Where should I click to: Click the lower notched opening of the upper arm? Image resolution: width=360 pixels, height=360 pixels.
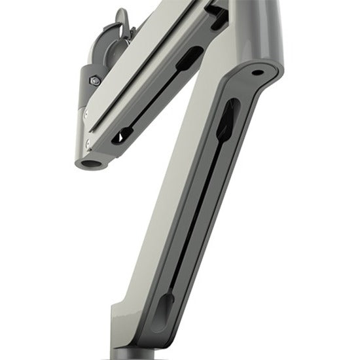point(122,136)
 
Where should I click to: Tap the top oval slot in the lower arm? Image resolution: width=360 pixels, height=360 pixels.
point(226,120)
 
